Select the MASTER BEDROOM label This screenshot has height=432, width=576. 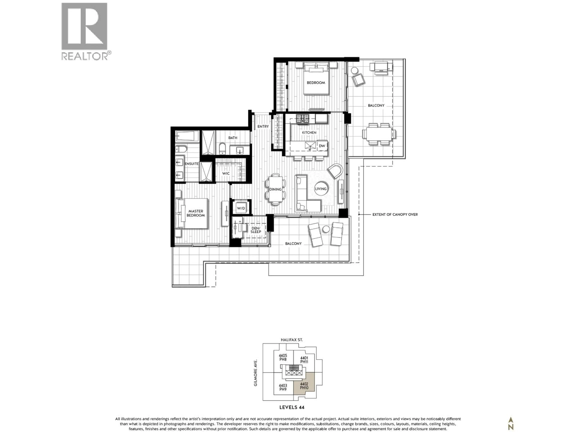(x=196, y=213)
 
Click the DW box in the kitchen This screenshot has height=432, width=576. (x=322, y=146)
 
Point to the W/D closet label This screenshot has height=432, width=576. (x=241, y=208)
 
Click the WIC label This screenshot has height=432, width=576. (x=226, y=173)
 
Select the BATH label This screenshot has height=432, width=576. (x=233, y=138)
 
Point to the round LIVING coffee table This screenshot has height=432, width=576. (x=321, y=189)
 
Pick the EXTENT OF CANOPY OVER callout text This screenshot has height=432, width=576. (x=395, y=214)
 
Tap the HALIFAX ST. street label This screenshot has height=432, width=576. (x=292, y=340)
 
